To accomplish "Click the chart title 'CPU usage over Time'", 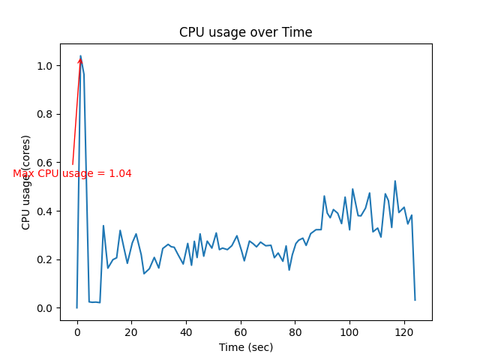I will tap(245, 32).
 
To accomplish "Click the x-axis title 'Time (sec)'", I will tap(245, 347).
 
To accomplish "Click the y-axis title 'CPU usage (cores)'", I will tap(26, 182).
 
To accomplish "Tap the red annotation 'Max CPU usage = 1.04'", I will tap(72, 174).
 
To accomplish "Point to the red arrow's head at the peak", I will tap(80, 59).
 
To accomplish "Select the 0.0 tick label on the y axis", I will tap(46, 308).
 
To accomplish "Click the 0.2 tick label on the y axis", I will tap(46, 259).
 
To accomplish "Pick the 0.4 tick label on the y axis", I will tap(46, 211).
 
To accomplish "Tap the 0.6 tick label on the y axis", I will tap(46, 163).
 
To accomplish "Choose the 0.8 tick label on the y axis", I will tap(46, 115).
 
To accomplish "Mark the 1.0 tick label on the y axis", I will tap(46, 66).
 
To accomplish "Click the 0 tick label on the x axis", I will tap(77, 331).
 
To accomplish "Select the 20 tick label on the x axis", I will tap(131, 331).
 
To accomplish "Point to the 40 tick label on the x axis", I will tap(186, 331).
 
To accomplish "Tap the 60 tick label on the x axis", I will tap(241, 331).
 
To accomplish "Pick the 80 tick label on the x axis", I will tap(295, 331).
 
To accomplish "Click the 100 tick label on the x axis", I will tap(349, 331).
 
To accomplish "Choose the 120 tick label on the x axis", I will tap(404, 331).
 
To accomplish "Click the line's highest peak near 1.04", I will tap(81, 56).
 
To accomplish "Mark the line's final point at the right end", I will tap(415, 300).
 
